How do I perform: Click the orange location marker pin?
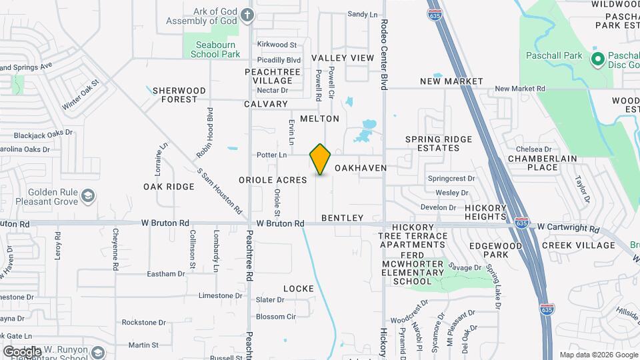[x=321, y=159]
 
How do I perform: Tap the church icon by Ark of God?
[x=247, y=15]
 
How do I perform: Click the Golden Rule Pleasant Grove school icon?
[x=88, y=195]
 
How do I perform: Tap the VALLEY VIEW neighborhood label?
[x=343, y=58]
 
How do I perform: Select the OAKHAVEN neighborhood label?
[x=361, y=169]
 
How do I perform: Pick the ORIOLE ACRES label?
[x=273, y=180]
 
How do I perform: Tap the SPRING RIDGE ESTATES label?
[x=439, y=144]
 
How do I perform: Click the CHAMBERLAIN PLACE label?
[x=542, y=163]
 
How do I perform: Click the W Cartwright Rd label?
[x=568, y=228]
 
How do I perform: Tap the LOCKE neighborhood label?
[x=298, y=289]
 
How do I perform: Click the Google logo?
[x=22, y=351]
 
